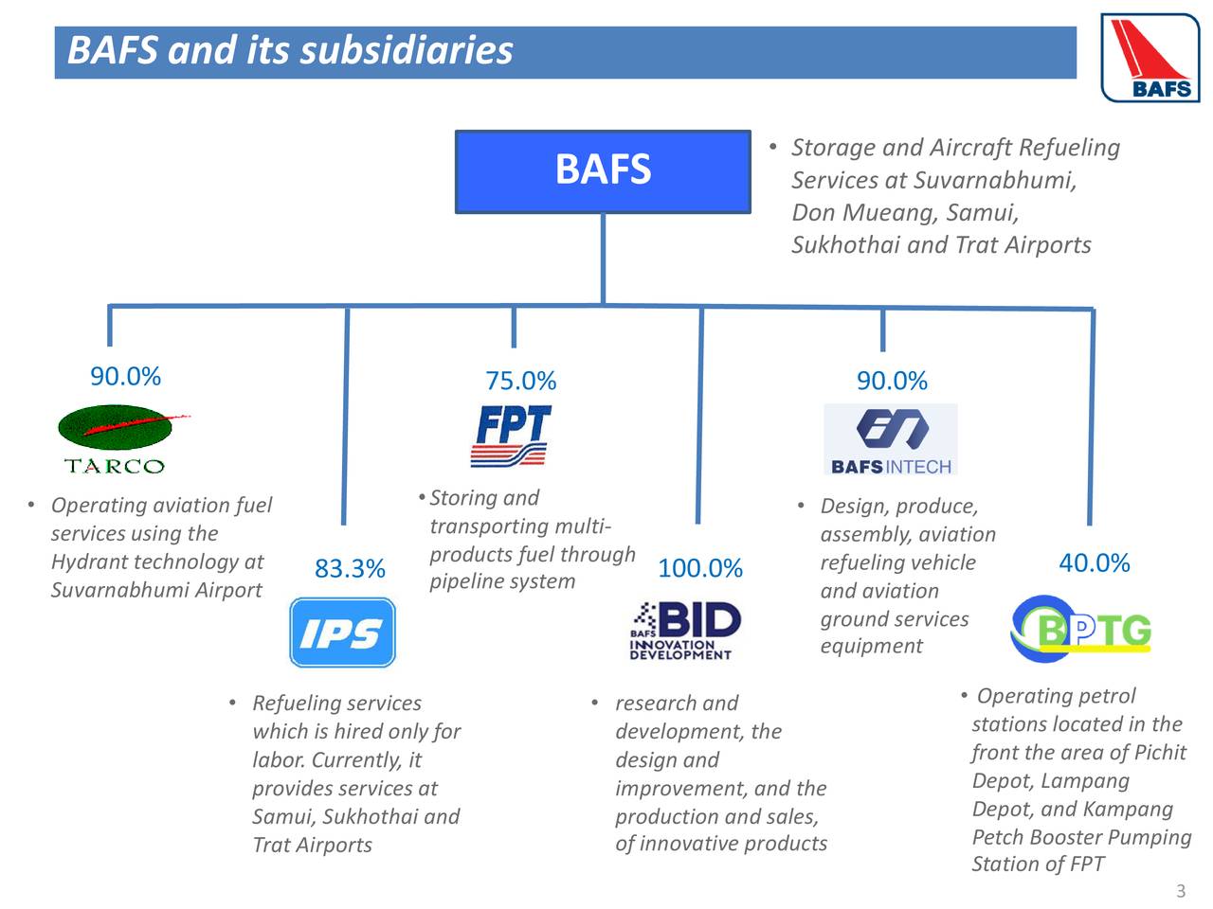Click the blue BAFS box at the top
(603, 171)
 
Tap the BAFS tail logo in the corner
(1150, 58)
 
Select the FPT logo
(512, 436)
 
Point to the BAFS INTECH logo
(891, 439)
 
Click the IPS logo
(342, 633)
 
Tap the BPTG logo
(1082, 629)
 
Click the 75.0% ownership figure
(520, 381)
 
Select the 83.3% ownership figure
(350, 568)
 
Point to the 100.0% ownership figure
(699, 568)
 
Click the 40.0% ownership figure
(1094, 563)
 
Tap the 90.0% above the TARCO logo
(125, 376)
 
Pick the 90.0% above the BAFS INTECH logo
(892, 381)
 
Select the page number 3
(1180, 891)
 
